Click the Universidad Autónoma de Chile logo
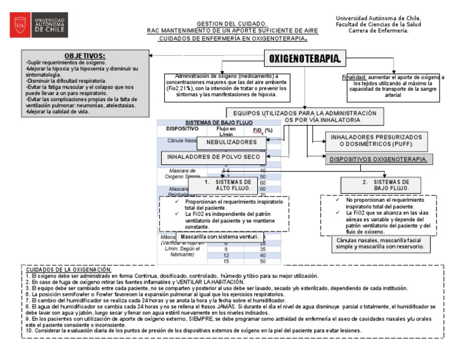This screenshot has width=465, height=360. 42,25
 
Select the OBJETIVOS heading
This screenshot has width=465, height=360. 84,56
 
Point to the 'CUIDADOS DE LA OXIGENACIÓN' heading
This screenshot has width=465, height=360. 68,269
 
